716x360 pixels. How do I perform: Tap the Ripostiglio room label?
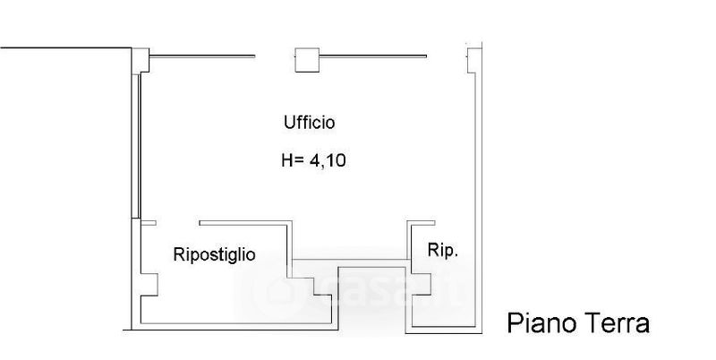coord(214,254)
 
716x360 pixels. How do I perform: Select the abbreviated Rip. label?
coord(443,252)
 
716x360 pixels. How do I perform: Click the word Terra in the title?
coord(618,323)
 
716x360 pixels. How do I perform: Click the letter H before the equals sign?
coord(286,162)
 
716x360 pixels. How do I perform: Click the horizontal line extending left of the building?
coord(63,47)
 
